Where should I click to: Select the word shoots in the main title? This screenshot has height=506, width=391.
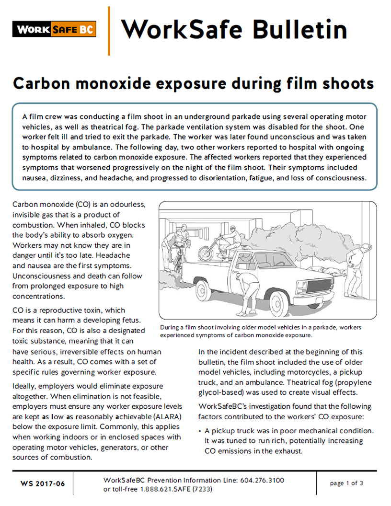pyautogui.click(x=346, y=83)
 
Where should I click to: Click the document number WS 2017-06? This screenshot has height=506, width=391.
pyautogui.click(x=43, y=483)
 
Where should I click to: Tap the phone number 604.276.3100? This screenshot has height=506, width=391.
pyautogui.click(x=261, y=480)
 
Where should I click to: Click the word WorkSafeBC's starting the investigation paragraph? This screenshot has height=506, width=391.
pyautogui.click(x=222, y=406)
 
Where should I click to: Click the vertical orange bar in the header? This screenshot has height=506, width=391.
pyautogui.click(x=109, y=31)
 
